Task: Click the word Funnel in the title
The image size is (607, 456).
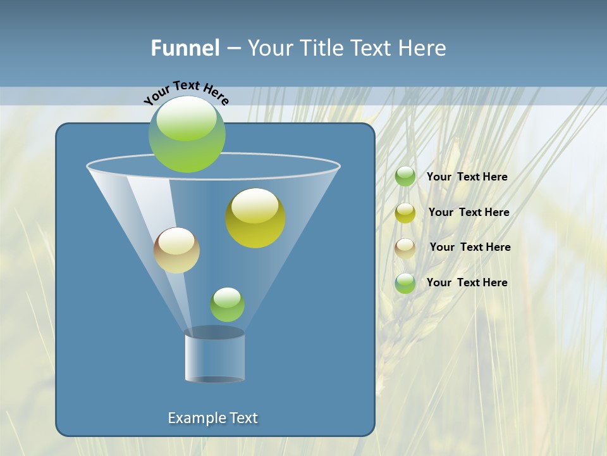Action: pos(185,48)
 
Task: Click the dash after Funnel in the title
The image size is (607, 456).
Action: pos(233,49)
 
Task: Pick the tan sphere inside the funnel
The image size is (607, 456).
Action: pos(176,251)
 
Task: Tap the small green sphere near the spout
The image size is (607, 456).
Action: pos(227,305)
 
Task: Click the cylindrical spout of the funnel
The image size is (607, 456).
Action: pos(215,356)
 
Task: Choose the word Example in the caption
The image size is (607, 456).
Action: pos(196,418)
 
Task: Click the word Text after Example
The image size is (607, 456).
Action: pos(242,418)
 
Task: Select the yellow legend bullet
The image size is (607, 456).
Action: pos(405,213)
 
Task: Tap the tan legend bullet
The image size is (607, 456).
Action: pos(405,248)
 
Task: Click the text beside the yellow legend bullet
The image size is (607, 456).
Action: pos(469,212)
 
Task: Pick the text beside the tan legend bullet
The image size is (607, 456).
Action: pos(470,247)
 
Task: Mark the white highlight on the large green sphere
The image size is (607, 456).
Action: pos(187,118)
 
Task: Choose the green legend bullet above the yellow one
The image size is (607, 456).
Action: pos(405,176)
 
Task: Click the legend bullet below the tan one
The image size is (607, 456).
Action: pos(405,283)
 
